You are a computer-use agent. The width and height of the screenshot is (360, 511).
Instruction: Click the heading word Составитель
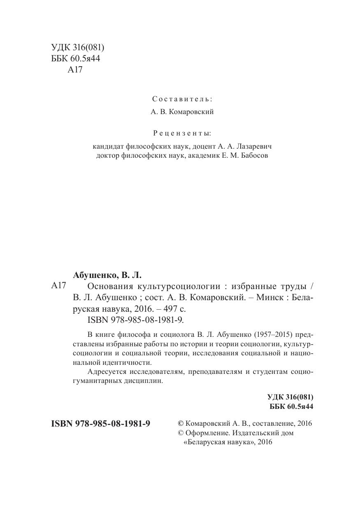182,99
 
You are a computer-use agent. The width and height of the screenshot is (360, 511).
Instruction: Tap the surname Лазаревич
252,146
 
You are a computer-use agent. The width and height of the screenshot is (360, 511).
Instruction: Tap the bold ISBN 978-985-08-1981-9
100,424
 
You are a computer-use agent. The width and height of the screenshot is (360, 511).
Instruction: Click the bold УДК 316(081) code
290,397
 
